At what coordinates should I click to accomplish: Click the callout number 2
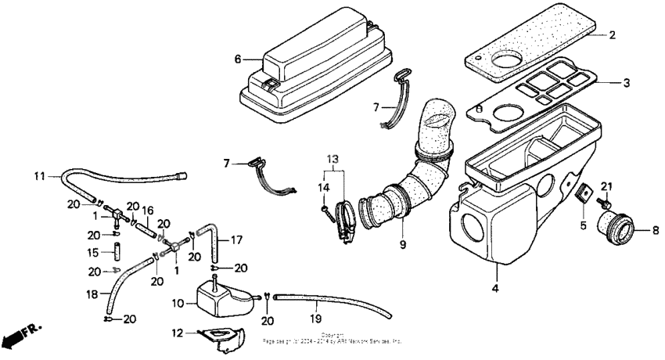click(613, 35)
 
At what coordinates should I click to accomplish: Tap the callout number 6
click(237, 59)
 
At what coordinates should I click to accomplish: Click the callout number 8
click(655, 231)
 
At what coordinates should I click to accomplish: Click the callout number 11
click(38, 177)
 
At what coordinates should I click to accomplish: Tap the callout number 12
click(178, 333)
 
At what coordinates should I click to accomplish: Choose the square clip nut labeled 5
click(584, 195)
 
